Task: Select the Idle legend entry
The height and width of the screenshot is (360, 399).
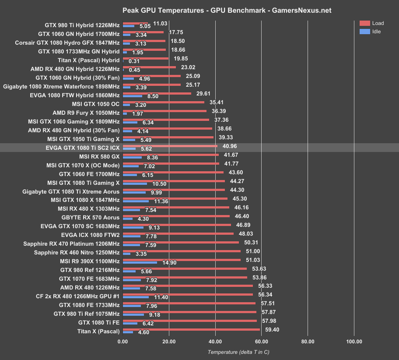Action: (x=371, y=32)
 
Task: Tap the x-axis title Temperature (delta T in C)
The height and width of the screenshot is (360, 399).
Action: (x=238, y=352)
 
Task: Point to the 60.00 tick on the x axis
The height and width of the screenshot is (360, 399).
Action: (x=261, y=341)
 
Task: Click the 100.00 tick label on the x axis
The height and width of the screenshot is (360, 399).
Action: (x=353, y=341)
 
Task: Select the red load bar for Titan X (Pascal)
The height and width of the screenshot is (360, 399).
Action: (x=191, y=329)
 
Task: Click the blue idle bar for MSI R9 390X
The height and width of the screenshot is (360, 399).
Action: (x=140, y=263)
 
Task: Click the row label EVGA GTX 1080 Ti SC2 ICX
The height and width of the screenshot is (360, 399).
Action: (x=82, y=148)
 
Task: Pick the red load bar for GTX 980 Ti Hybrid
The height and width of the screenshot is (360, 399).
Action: (x=136, y=23)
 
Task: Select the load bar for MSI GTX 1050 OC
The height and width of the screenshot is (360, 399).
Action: (x=164, y=102)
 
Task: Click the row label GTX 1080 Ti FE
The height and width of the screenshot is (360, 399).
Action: (x=98, y=323)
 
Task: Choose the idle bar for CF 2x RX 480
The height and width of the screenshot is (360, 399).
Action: (x=136, y=297)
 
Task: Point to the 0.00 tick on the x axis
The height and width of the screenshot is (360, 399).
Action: (x=123, y=341)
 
